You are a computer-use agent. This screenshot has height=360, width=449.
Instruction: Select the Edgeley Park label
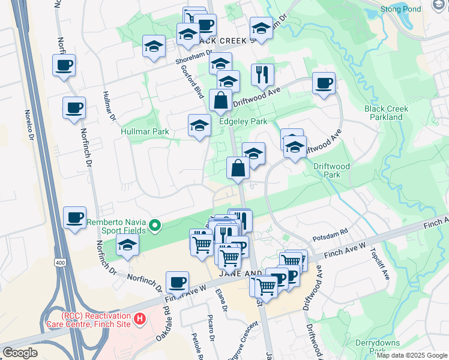pyautogui.click(x=244, y=121)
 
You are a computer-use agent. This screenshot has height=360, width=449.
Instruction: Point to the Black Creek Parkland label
pyautogui.click(x=387, y=113)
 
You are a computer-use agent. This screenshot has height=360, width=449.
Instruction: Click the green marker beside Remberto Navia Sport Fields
pyautogui.click(x=155, y=226)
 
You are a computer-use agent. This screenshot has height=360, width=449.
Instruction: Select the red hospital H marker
pyautogui.click(x=140, y=319)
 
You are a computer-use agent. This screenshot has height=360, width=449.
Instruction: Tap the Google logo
pyautogui.click(x=20, y=352)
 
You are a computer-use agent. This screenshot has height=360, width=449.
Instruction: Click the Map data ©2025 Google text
pyautogui.click(x=412, y=355)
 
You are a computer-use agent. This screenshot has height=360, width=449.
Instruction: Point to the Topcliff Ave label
pyautogui.click(x=382, y=263)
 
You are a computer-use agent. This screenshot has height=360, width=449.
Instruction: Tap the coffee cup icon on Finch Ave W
pyautogui.click(x=177, y=282)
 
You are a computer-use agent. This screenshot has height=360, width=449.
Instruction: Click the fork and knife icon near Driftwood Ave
pyautogui.click(x=262, y=75)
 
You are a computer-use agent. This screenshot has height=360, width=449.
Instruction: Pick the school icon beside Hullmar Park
pyautogui.click(x=199, y=125)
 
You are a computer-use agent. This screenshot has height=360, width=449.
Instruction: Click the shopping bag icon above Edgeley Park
pyautogui.click(x=220, y=100)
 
